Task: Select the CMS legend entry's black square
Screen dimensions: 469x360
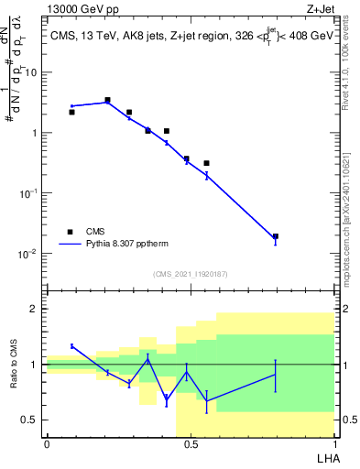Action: click(x=70, y=233)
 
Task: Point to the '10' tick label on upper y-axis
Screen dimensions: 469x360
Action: click(x=31, y=71)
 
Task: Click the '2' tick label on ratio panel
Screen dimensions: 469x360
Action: click(x=36, y=309)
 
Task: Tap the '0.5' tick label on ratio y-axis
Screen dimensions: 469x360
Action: click(x=31, y=420)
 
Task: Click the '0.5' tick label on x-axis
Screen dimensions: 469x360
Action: click(x=190, y=444)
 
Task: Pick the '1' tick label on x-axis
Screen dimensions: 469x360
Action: click(x=333, y=444)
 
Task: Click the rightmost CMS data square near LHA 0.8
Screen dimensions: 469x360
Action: click(x=276, y=236)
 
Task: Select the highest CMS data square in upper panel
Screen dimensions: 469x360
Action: click(x=107, y=100)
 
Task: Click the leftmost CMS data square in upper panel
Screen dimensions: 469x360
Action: click(x=71, y=112)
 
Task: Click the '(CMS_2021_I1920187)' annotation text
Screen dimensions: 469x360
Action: click(x=190, y=273)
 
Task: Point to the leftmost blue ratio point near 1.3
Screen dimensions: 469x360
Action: click(x=71, y=346)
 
